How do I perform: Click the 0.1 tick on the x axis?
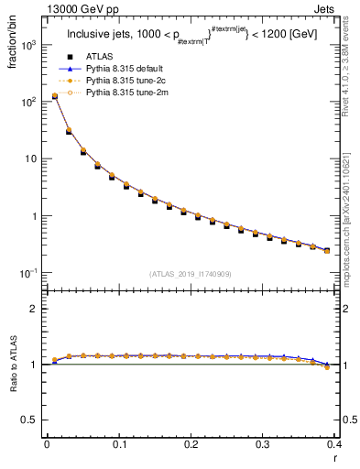coord(119,444)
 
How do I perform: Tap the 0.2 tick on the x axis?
coord(191,444)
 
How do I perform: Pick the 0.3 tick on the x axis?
coord(263,444)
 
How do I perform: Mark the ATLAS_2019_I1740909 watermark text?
coord(190,274)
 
